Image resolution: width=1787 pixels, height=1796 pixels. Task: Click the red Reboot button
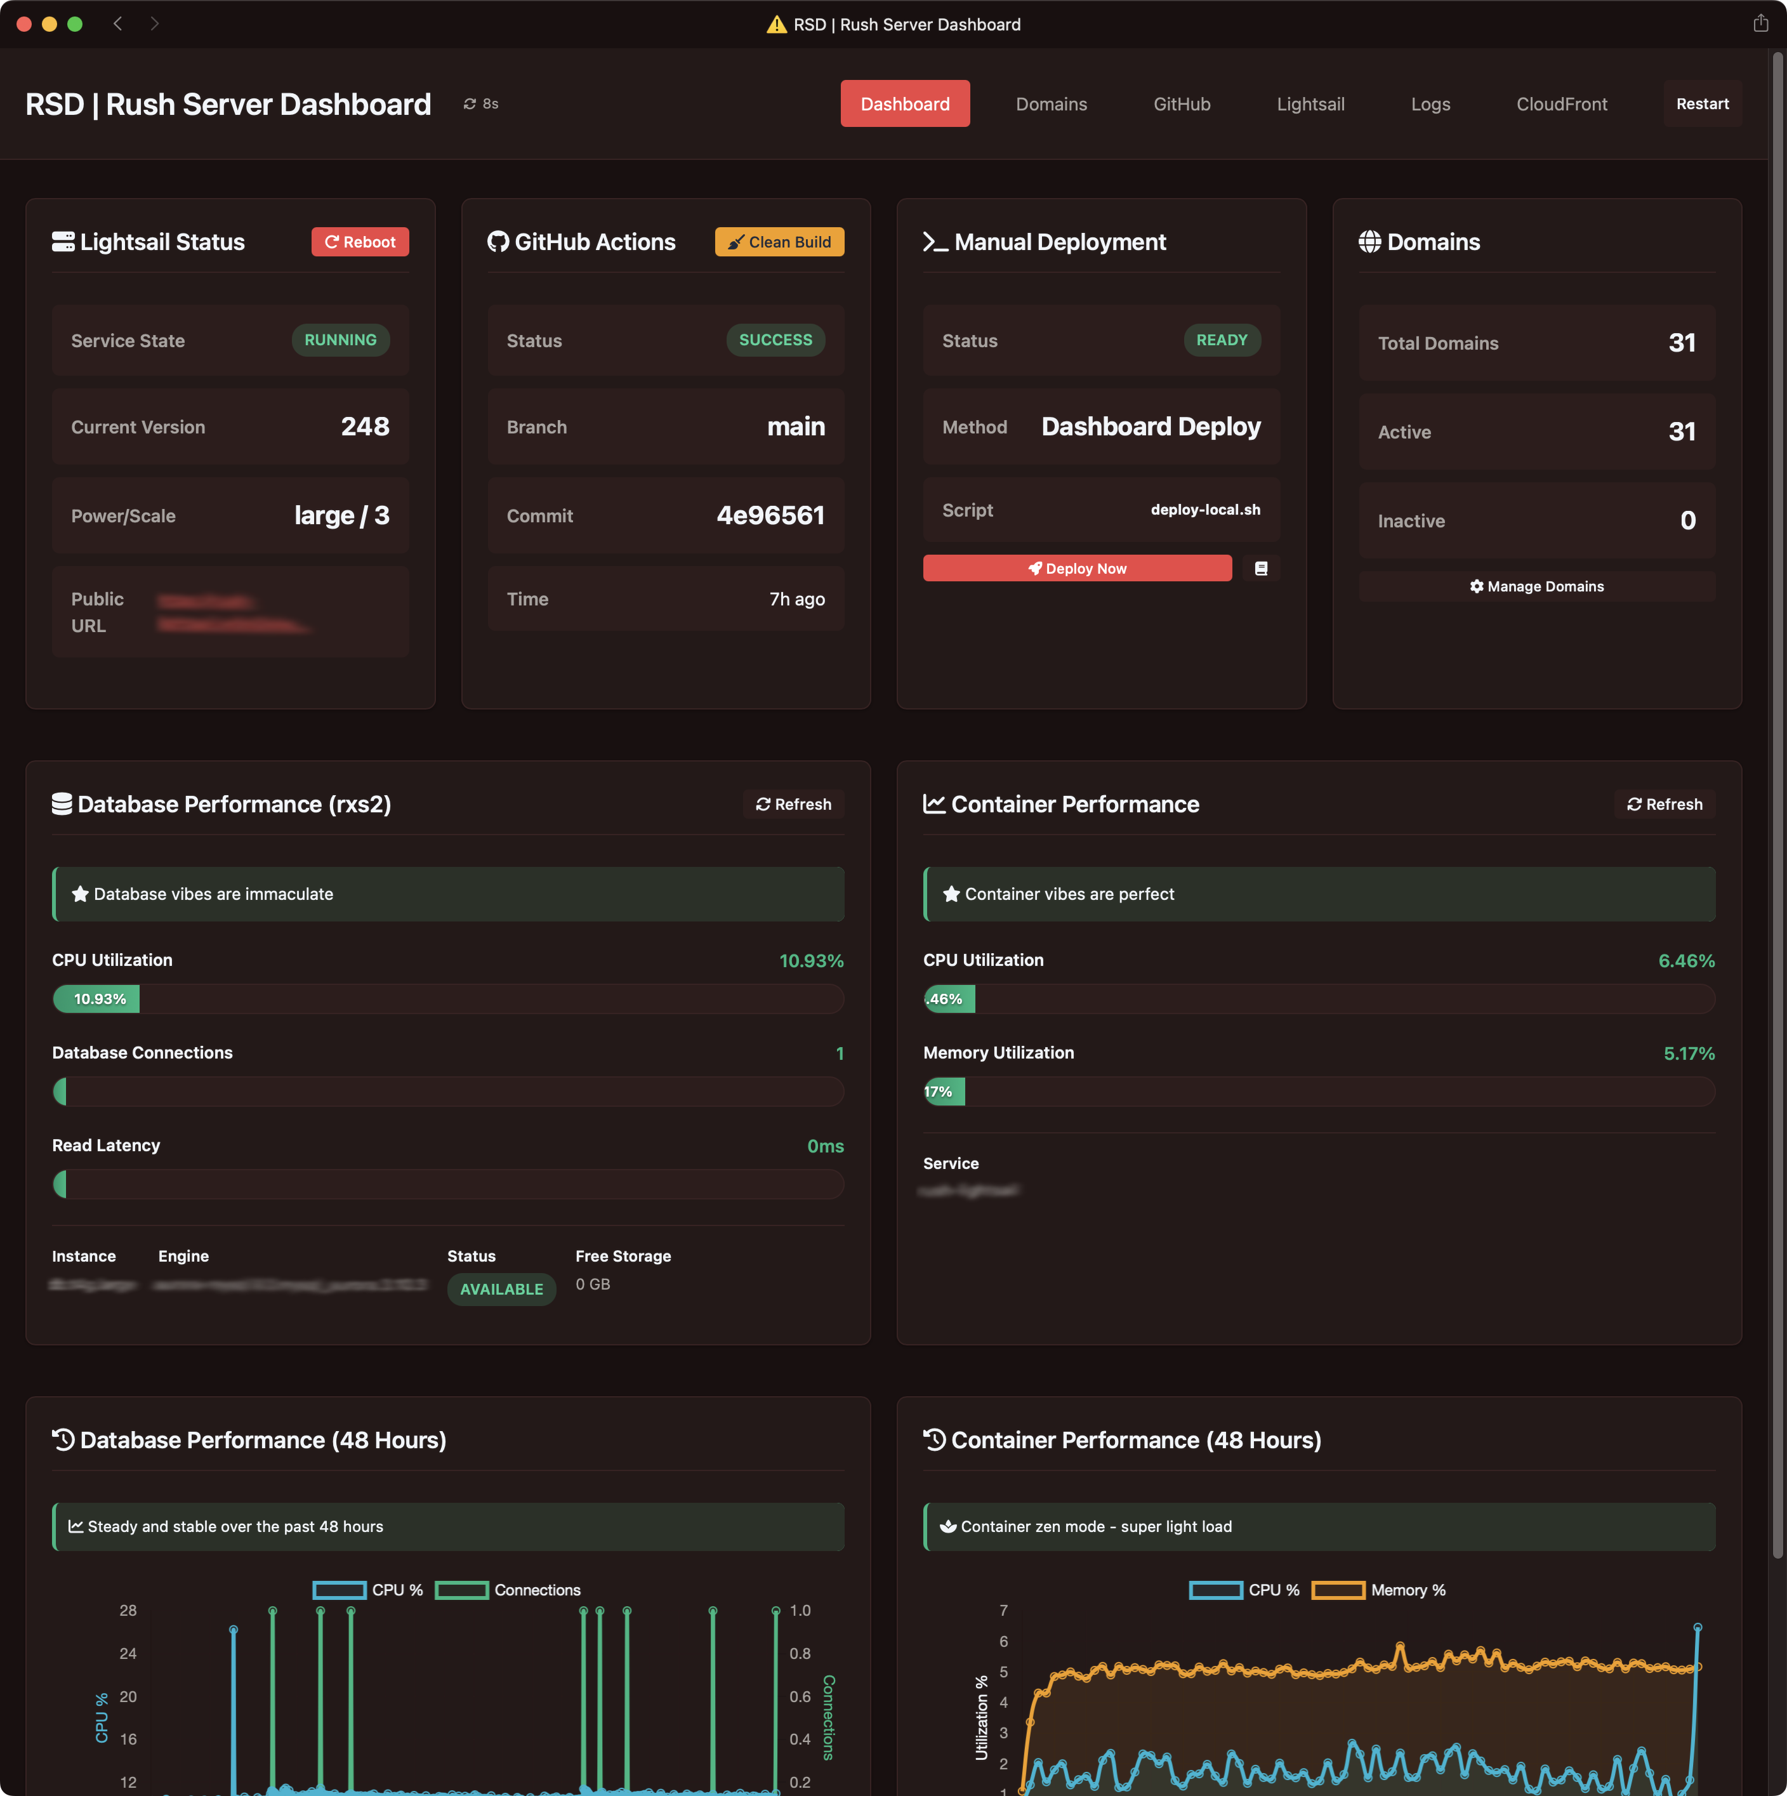[x=360, y=242]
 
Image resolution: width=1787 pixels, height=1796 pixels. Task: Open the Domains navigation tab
[x=1051, y=104]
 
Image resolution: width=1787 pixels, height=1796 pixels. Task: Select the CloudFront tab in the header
[x=1561, y=104]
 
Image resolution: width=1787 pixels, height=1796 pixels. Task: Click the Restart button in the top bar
[x=1701, y=104]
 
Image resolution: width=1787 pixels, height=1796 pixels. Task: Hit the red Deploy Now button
[x=1077, y=568]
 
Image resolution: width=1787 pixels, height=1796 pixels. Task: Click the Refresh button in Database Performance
[x=793, y=804]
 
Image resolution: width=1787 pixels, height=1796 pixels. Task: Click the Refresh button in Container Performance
[x=1665, y=804]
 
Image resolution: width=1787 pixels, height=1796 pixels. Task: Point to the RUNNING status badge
[x=340, y=340]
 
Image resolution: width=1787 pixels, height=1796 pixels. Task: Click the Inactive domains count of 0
[x=1687, y=520]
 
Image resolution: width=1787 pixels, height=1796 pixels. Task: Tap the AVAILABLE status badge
[x=501, y=1288]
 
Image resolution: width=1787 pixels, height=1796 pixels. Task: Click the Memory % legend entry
[x=1379, y=1590]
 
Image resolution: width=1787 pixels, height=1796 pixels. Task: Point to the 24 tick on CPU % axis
[x=128, y=1653]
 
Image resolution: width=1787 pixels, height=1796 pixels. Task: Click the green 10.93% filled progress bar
[x=96, y=998]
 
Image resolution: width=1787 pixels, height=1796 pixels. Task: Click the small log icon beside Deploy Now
[x=1261, y=568]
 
